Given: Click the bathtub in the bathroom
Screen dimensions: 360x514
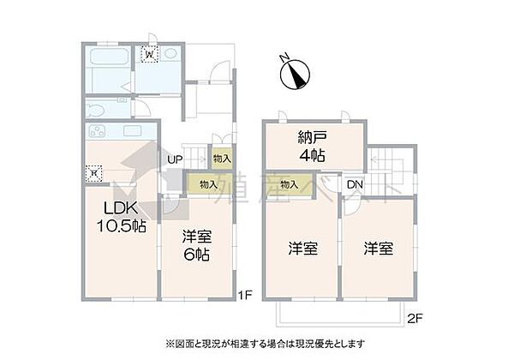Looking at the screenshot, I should click(x=107, y=64).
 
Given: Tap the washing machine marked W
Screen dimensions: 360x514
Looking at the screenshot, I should click(x=150, y=56).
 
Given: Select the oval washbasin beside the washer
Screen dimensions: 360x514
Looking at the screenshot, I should click(x=170, y=55).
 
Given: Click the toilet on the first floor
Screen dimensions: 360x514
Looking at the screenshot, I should click(x=98, y=111).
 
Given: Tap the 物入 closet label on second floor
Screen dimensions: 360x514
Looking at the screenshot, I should click(x=289, y=184).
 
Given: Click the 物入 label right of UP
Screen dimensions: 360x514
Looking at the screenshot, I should click(x=221, y=159).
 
